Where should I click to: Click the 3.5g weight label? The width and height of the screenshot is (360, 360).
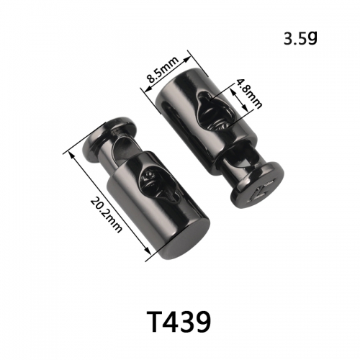click(x=300, y=39)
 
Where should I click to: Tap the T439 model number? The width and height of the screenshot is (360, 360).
click(x=179, y=321)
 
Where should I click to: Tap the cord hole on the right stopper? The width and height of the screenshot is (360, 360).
click(x=215, y=112)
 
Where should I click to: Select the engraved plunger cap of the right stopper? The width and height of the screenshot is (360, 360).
click(x=257, y=185)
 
